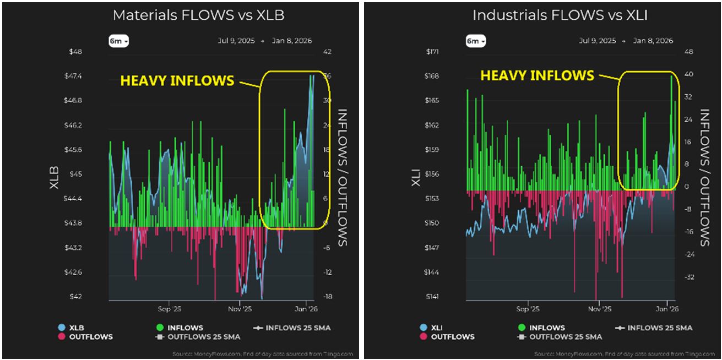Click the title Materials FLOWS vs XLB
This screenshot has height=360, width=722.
point(198,15)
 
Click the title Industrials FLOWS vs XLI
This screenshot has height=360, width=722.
point(560,15)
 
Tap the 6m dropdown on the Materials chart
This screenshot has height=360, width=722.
point(118,41)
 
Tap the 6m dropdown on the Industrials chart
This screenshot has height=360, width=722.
point(475,41)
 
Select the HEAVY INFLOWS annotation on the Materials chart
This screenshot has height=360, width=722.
point(177,81)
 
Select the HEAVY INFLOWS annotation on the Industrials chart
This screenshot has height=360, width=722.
point(537,75)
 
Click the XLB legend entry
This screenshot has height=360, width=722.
point(75,328)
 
